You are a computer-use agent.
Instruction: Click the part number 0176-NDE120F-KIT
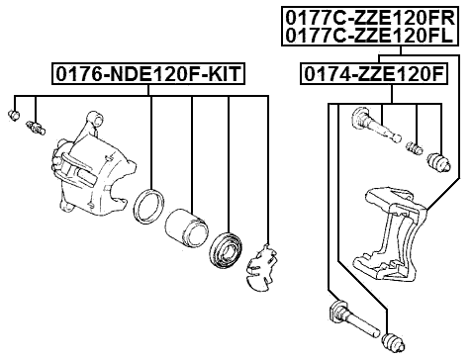pos(148,74)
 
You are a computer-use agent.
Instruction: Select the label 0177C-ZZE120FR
pos(368,17)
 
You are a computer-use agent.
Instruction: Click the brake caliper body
pos(94,173)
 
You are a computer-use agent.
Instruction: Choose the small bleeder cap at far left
pos(14,117)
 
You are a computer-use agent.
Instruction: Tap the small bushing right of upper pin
pos(415,147)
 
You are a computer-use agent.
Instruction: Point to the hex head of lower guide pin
pos(333,315)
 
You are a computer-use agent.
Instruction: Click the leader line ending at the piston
pos(191,148)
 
